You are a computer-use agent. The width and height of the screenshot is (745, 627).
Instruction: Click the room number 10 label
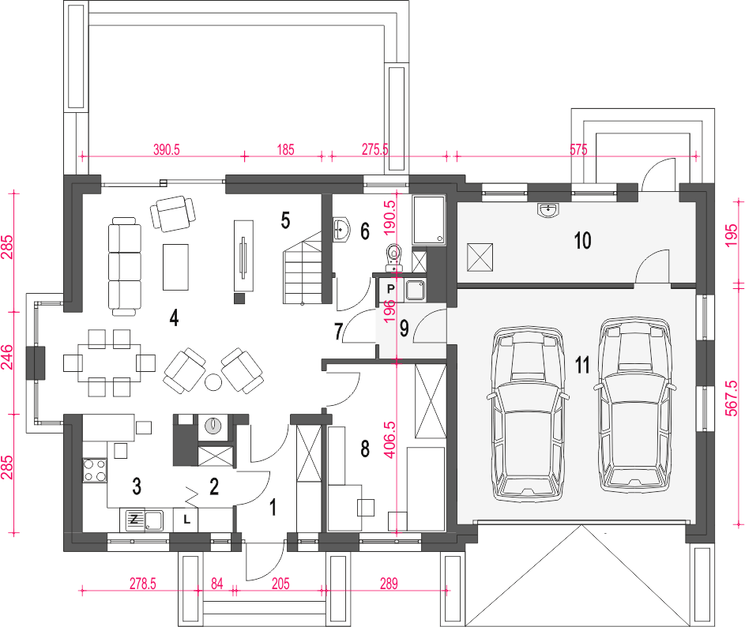click(583, 240)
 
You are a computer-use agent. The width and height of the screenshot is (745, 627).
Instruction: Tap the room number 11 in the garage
click(582, 365)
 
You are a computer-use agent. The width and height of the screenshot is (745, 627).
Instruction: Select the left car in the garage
click(528, 413)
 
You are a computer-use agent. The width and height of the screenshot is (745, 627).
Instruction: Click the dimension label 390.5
click(166, 149)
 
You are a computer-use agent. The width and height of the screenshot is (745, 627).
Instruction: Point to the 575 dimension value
click(578, 149)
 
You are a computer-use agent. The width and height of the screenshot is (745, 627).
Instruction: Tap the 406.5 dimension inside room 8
click(389, 439)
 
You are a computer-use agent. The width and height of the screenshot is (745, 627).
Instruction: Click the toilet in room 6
click(393, 256)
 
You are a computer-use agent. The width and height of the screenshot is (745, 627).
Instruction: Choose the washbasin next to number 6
click(341, 229)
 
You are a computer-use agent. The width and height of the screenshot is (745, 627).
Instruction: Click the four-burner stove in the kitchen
click(95, 471)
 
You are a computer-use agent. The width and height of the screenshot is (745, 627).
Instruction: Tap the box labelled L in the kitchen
click(186, 520)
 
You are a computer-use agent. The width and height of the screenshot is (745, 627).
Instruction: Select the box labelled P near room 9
click(390, 289)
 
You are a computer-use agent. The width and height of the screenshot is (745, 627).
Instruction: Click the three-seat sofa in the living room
click(125, 266)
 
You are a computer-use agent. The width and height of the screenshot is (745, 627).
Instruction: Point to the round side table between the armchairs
click(213, 382)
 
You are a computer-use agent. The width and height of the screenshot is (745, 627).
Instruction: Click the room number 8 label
click(365, 449)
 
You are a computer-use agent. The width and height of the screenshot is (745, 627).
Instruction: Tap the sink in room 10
click(549, 210)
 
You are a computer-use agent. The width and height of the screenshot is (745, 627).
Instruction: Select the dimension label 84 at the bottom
click(216, 584)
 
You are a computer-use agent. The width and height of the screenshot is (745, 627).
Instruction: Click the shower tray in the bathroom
click(428, 220)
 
